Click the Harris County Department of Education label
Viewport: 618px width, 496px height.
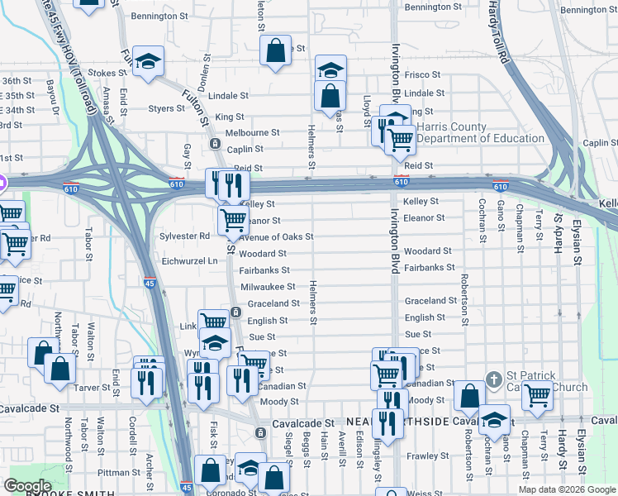[480, 132]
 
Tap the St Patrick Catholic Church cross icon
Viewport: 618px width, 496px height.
[493, 380]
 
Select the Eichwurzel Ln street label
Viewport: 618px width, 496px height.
[189, 260]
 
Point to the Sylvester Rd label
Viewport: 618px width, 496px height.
[184, 236]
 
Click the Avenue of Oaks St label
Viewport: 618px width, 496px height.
[276, 237]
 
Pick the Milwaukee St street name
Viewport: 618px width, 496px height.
[268, 287]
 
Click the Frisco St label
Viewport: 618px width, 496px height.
[422, 74]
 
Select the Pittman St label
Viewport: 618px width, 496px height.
[119, 472]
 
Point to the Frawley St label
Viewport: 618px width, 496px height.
[426, 455]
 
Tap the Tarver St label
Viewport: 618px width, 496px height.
[95, 387]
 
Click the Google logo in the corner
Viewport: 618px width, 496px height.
[27, 486]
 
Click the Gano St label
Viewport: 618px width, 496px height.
[501, 217]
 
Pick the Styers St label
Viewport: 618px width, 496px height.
[166, 108]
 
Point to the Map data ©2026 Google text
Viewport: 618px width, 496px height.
[567, 489]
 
